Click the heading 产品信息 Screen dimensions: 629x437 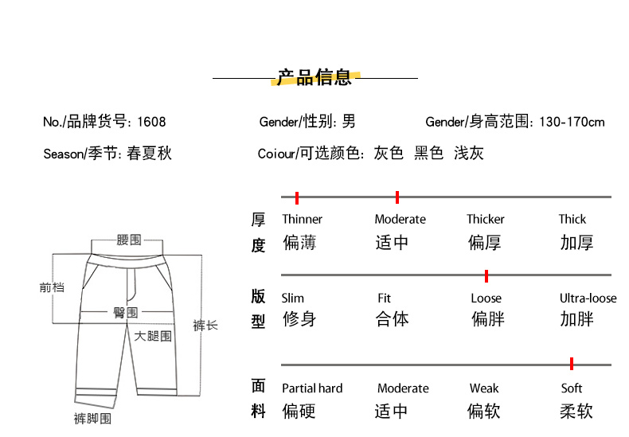(x=314, y=77)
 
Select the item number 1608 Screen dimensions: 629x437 (x=151, y=122)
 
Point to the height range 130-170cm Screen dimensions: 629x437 (x=572, y=122)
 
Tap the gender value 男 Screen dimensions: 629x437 (x=349, y=121)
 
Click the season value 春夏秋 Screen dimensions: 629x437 (x=149, y=153)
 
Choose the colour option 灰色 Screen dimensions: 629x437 (x=389, y=153)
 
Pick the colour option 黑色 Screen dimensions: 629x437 (x=429, y=153)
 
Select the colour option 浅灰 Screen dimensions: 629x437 (x=469, y=153)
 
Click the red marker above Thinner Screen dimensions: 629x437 (x=297, y=197)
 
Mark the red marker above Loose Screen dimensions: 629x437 (x=486, y=276)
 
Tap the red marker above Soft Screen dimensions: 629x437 (x=572, y=364)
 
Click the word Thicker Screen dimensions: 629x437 (x=486, y=220)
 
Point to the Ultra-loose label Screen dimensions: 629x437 (x=588, y=298)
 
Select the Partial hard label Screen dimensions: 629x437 (x=312, y=388)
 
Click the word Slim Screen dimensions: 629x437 (x=293, y=298)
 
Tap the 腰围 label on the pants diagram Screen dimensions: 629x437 (x=129, y=240)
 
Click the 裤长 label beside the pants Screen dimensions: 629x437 (x=205, y=325)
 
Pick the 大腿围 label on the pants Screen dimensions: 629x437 (x=153, y=336)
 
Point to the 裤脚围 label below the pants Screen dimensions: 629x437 (x=92, y=419)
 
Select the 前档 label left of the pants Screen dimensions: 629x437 (x=52, y=287)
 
